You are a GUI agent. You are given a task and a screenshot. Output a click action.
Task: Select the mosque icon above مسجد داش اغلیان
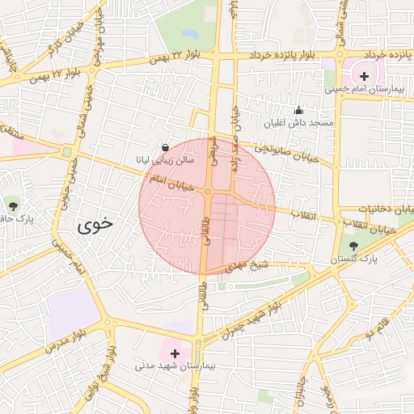coord(298,111)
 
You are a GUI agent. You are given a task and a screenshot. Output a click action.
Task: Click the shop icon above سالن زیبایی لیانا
coord(166,148)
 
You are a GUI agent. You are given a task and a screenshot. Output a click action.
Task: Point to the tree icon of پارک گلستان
coord(353,246)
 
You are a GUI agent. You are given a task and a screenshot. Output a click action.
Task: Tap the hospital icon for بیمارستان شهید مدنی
coord(175,353)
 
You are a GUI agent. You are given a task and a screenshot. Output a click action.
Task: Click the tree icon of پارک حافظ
coord(11,202)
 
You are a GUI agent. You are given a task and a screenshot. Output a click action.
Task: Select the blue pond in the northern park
coord(190,35)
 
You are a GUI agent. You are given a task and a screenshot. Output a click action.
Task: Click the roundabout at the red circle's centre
coord(208,192)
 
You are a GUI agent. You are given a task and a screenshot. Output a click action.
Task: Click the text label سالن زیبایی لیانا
coord(165,161)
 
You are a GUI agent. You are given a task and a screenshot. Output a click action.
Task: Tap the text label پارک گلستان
coord(353,260)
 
